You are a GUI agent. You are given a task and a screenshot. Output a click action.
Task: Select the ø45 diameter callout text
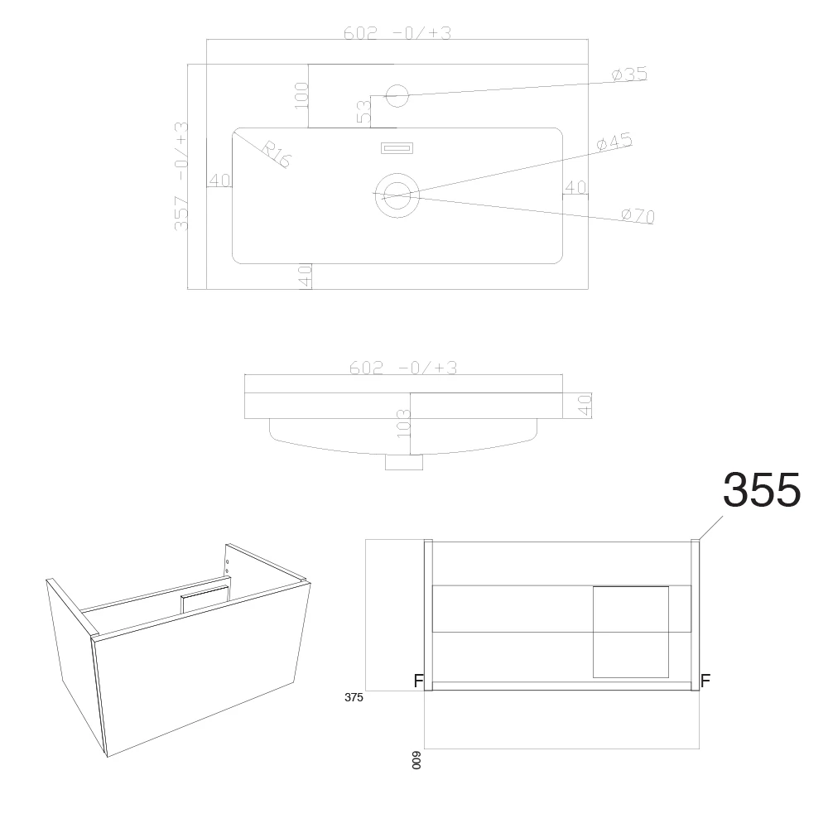(x=614, y=142)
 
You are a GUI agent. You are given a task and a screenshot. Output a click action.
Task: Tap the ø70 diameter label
(x=638, y=216)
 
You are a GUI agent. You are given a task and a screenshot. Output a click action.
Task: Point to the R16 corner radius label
(x=276, y=154)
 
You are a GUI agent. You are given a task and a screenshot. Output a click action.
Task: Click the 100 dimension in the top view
(x=301, y=94)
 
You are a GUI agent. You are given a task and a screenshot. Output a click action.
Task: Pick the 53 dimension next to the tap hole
(x=363, y=112)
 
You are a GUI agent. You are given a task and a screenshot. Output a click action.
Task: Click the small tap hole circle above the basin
(x=398, y=95)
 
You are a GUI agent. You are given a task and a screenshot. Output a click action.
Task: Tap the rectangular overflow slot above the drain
(x=396, y=148)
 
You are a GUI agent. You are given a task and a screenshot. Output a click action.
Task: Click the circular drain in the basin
(x=397, y=195)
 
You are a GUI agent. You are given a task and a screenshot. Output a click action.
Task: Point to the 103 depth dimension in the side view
(x=404, y=424)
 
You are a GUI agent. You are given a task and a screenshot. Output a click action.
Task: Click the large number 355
(x=761, y=490)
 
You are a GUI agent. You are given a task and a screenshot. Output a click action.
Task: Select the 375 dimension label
(x=354, y=697)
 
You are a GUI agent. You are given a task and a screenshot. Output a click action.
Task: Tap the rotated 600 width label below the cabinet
(x=417, y=759)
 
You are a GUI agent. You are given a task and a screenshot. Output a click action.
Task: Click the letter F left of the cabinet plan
(x=419, y=681)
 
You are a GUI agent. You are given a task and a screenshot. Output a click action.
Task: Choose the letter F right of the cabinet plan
(x=705, y=681)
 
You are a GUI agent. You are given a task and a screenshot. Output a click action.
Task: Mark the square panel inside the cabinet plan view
(x=631, y=632)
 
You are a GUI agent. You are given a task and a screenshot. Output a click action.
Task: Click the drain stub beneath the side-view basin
(x=404, y=463)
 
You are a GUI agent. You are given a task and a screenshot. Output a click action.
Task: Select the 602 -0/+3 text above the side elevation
(x=403, y=368)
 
